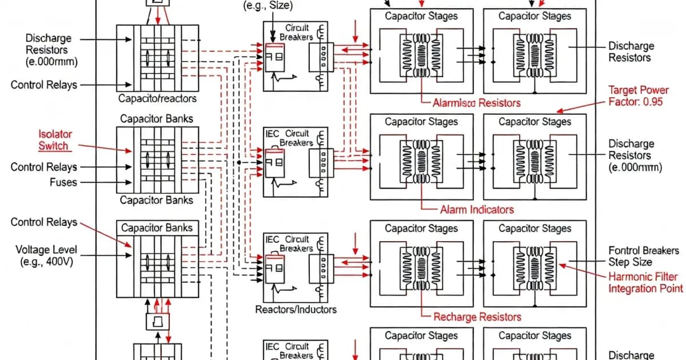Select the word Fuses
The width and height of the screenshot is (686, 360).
click(x=63, y=183)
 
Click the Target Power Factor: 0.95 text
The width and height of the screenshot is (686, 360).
click(x=636, y=97)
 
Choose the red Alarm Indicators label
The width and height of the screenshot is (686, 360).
click(x=477, y=209)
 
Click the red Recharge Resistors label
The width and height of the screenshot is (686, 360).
click(x=477, y=317)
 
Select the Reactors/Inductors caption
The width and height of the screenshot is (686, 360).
click(x=296, y=309)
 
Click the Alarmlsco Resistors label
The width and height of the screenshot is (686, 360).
click(x=476, y=103)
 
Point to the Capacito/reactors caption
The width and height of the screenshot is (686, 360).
click(x=157, y=98)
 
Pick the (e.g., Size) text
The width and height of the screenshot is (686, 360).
click(x=268, y=6)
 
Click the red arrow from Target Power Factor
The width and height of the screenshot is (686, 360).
click(x=558, y=111)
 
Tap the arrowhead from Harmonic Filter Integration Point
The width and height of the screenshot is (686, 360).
click(x=561, y=264)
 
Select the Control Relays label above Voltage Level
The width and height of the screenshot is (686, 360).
click(x=43, y=222)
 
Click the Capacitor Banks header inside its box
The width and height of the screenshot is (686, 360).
click(x=157, y=227)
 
